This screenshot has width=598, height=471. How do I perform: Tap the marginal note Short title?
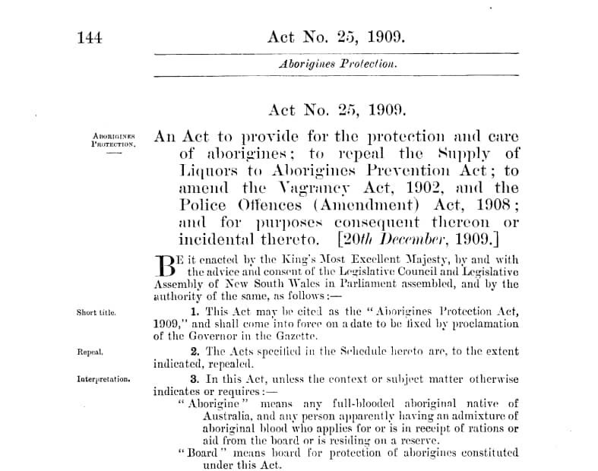tap(96, 312)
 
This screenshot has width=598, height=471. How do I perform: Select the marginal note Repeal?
tap(90, 352)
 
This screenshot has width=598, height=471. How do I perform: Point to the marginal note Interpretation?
tap(103, 378)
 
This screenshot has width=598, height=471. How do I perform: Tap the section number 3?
tap(194, 378)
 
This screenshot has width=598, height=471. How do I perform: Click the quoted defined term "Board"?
tap(198, 453)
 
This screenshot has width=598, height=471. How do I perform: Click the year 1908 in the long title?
tap(495, 204)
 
